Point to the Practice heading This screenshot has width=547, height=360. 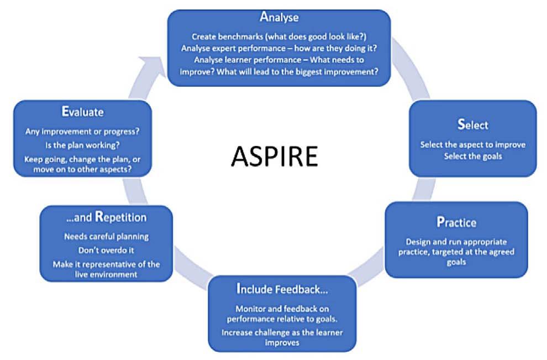point(456,223)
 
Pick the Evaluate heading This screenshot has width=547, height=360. point(82,112)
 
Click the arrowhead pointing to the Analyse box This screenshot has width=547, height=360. point(157,65)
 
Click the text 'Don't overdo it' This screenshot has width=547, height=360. point(106,249)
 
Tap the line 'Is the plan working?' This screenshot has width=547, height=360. point(82,145)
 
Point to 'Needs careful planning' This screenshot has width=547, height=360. point(106,236)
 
